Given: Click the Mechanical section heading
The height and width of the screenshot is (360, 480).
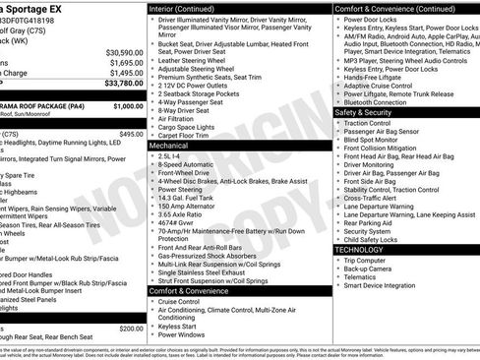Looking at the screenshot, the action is tap(169, 144).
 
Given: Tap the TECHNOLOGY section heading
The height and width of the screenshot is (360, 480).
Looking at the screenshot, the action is tap(359, 250).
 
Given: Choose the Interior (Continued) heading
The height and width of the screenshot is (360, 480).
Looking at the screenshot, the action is tap(181, 7).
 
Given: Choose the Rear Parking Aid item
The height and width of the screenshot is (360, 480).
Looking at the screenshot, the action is tap(373, 222).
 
